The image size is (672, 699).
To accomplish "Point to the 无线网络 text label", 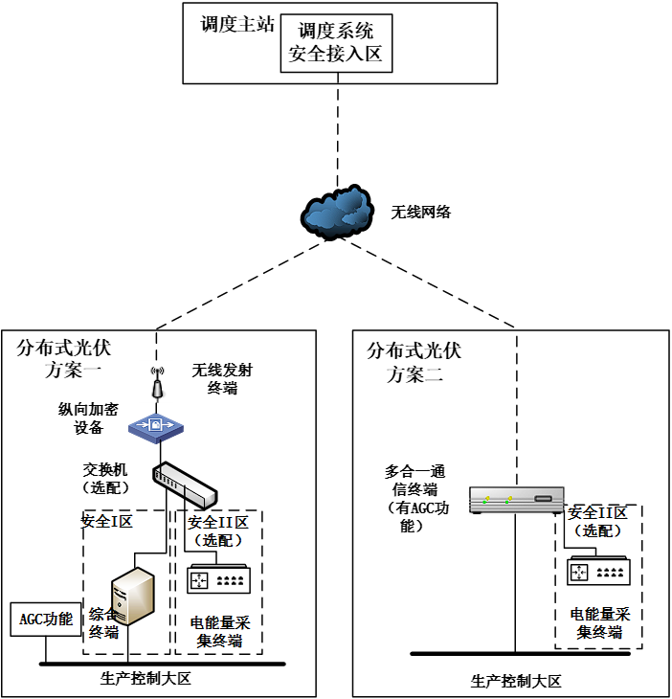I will point(420,212).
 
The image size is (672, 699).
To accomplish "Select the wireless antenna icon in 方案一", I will point(157,386).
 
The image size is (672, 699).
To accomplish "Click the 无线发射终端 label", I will point(222,379).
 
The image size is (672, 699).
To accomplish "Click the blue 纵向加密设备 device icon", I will point(156,425).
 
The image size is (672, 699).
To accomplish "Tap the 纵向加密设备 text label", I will point(88,418).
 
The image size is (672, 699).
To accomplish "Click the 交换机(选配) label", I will point(111,479).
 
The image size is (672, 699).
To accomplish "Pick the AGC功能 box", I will point(46,620).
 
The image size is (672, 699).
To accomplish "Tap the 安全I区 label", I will point(107,522).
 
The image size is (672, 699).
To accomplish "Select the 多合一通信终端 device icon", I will point(516,499).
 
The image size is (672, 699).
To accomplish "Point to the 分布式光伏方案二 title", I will point(414,363).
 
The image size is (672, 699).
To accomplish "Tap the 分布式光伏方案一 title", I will point(64,359).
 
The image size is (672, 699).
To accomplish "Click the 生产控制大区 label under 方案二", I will point(515,681).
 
